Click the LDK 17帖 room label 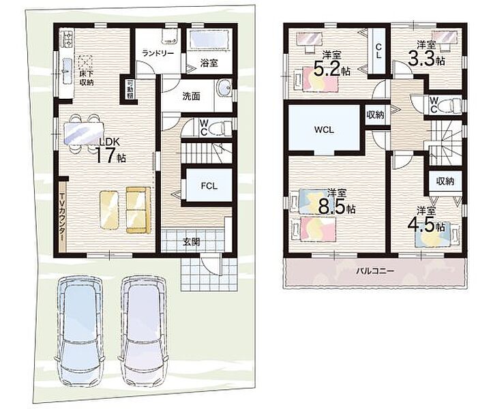[110, 151]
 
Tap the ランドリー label [158, 53]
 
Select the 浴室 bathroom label [209, 63]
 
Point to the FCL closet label [209, 186]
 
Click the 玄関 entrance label [192, 242]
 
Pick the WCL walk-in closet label [324, 130]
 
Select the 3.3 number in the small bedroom [421, 59]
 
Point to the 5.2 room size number [327, 69]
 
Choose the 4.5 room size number [421, 224]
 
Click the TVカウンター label [62, 217]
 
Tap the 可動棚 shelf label [130, 89]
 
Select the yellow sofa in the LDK [138, 210]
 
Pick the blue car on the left [80, 332]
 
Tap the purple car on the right [143, 331]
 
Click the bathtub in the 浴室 [209, 40]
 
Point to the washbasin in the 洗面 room [224, 87]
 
